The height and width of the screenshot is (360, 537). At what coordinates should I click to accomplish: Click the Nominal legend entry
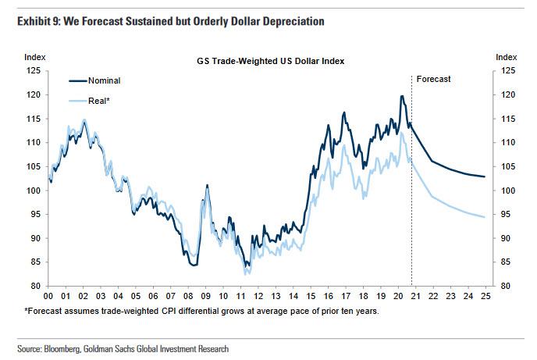[x=104, y=80]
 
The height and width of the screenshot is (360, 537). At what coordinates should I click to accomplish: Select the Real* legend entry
[x=99, y=101]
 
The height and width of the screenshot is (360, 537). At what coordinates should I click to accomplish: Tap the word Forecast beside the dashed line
[x=433, y=79]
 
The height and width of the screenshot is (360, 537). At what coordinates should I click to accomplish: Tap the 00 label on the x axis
[x=48, y=298]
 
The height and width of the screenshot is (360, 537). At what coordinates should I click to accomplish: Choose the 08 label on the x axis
[x=188, y=298]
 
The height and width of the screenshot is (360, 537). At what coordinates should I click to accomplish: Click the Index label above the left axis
[x=34, y=57]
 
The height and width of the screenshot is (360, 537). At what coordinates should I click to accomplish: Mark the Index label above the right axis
[x=507, y=57]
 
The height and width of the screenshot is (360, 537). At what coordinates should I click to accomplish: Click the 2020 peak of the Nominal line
[x=401, y=96]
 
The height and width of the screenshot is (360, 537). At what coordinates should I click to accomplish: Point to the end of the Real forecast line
[x=485, y=217]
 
